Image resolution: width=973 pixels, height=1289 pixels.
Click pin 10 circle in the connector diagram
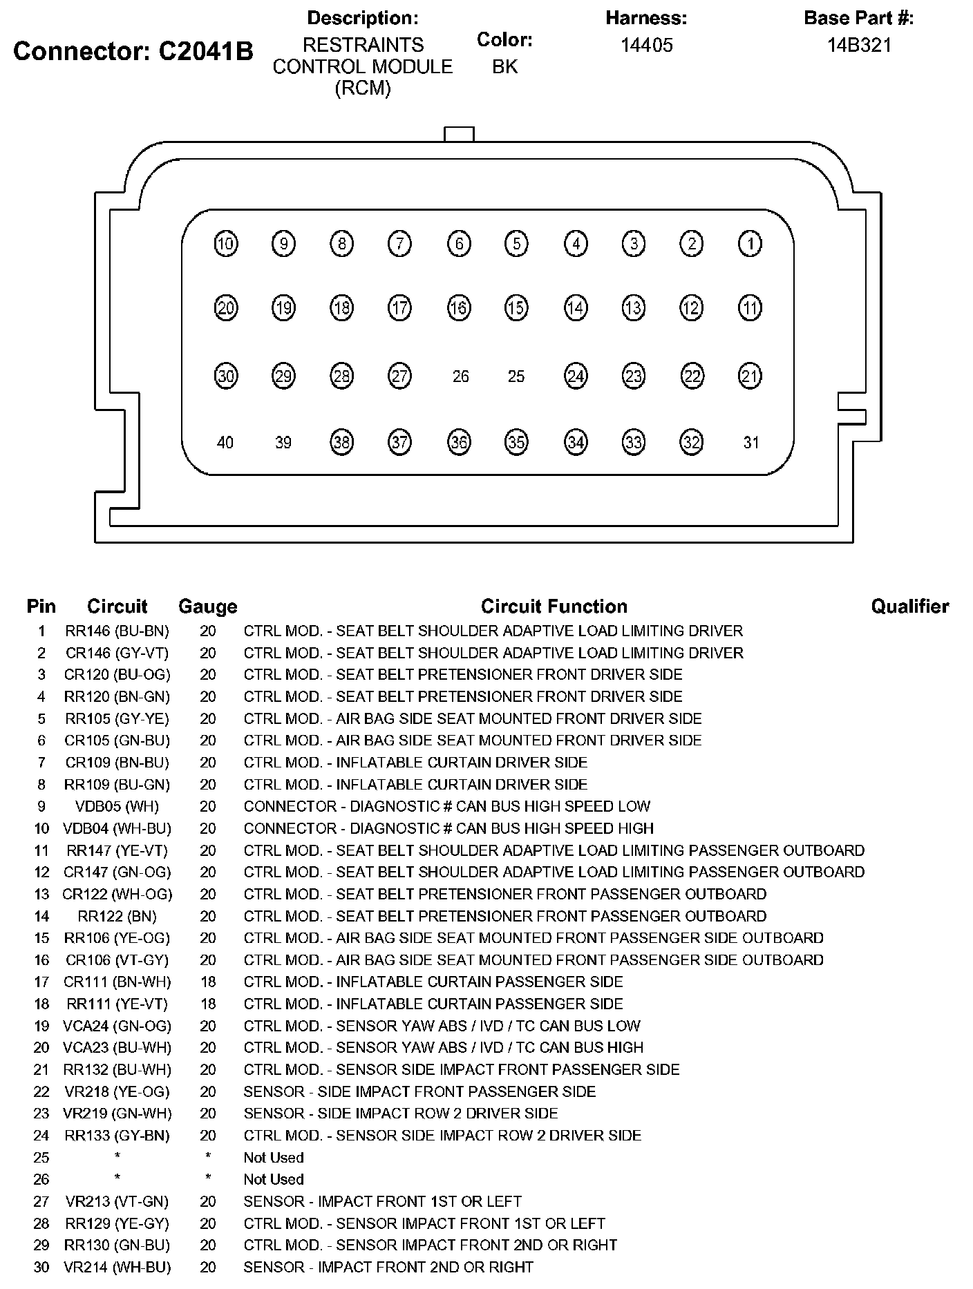click(x=226, y=243)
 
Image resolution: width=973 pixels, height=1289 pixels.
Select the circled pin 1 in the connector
click(x=750, y=243)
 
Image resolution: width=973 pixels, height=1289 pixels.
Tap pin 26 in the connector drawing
click(x=460, y=376)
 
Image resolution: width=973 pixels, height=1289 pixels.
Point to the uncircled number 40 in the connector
click(x=225, y=442)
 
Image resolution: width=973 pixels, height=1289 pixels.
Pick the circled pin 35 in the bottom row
click(x=516, y=442)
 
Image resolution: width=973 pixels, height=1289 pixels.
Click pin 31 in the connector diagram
click(x=750, y=442)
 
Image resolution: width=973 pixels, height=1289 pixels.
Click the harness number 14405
click(x=646, y=46)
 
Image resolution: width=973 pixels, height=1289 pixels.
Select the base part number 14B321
click(x=859, y=46)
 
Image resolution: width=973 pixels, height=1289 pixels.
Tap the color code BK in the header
click(x=504, y=67)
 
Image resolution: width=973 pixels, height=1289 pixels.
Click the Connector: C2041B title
click(x=133, y=51)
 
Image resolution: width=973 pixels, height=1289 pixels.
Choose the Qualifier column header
click(x=909, y=607)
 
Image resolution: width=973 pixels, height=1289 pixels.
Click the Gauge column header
click(x=207, y=607)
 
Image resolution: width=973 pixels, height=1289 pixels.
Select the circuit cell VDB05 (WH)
click(x=117, y=806)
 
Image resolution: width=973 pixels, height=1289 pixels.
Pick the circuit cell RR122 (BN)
click(x=117, y=916)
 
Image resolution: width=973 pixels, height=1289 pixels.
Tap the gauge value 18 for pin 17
click(x=207, y=982)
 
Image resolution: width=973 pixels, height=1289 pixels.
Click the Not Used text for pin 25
click(x=273, y=1157)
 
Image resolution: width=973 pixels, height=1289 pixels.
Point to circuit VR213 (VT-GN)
click(x=117, y=1201)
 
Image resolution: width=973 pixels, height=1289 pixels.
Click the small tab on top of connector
click(x=459, y=134)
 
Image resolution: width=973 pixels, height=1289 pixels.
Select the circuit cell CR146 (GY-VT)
click(x=117, y=653)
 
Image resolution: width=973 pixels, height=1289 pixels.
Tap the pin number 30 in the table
click(x=41, y=1267)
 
